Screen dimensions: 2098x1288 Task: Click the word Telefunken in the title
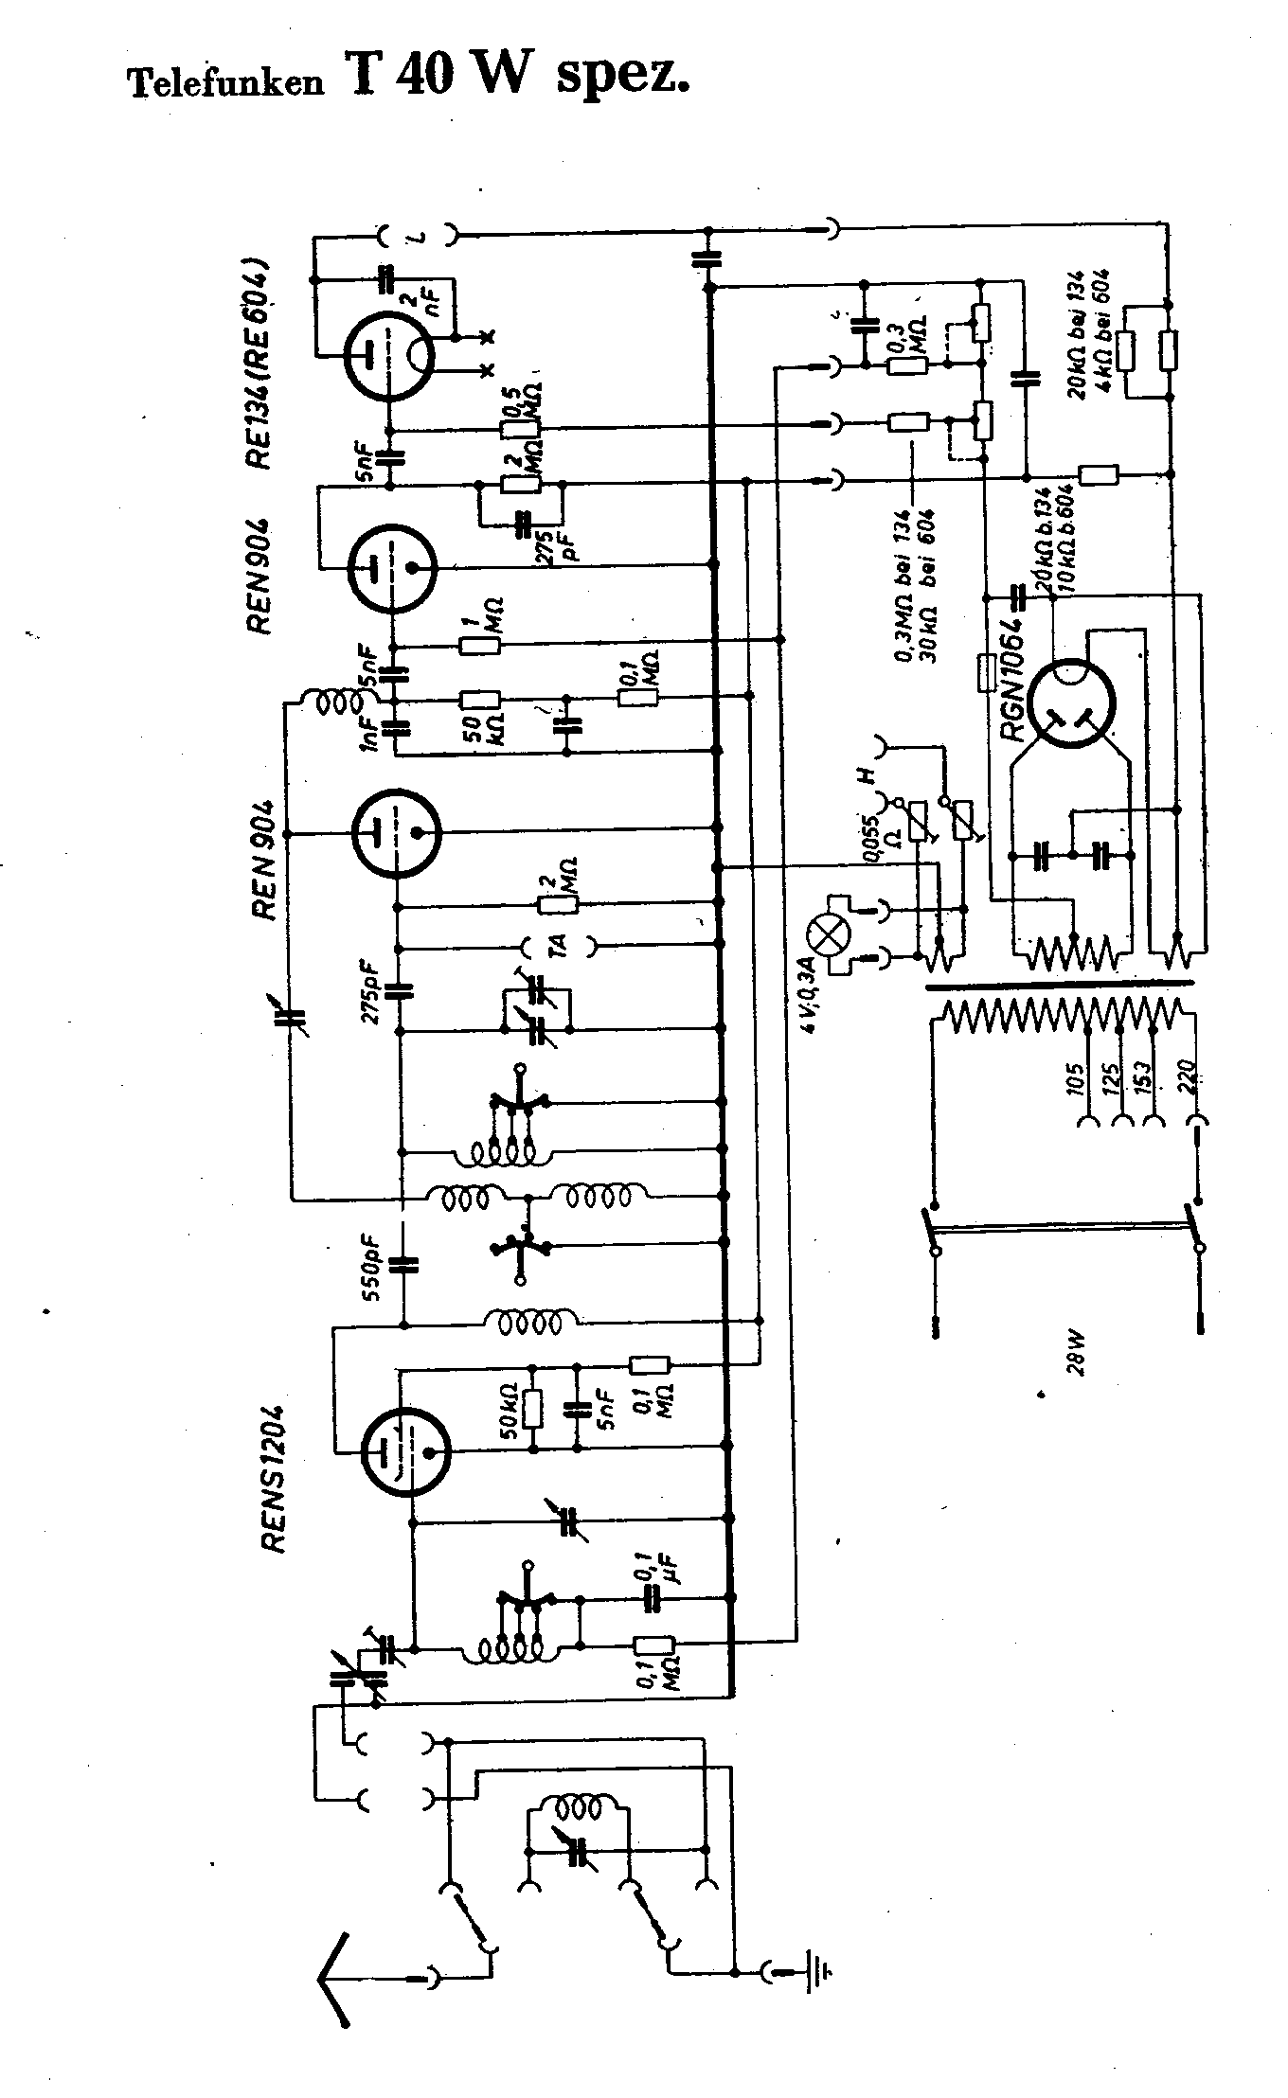pos(225,84)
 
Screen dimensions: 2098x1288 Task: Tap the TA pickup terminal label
pos(559,944)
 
